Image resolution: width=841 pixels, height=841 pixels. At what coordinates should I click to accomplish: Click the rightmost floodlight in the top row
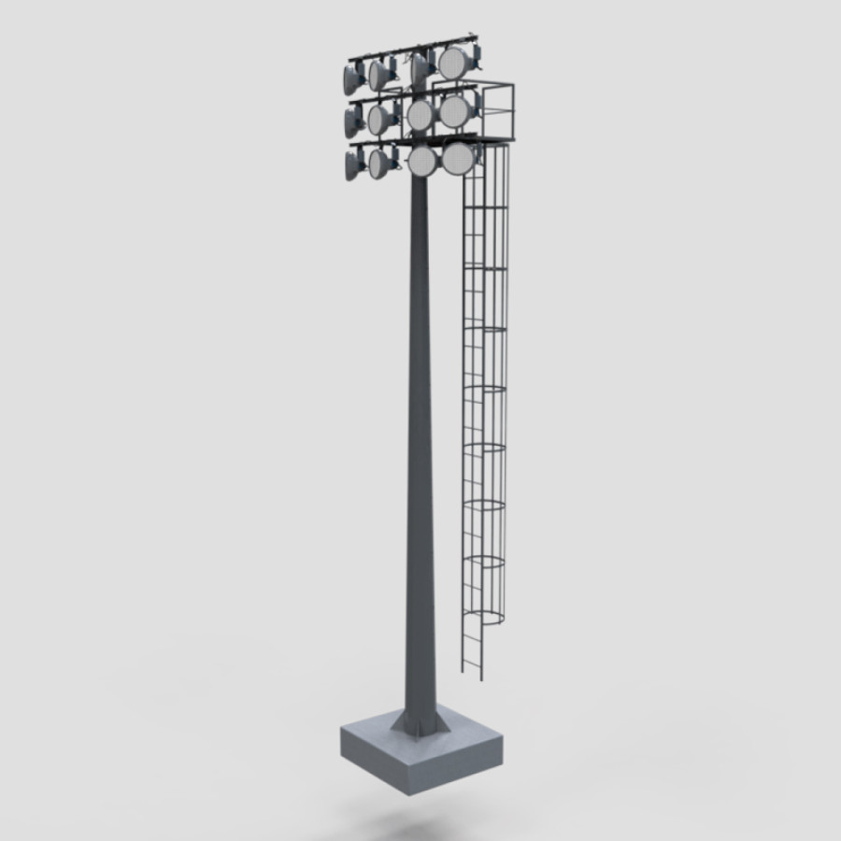(x=454, y=64)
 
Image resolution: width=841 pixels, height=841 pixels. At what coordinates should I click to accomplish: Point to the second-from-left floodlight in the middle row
(x=379, y=118)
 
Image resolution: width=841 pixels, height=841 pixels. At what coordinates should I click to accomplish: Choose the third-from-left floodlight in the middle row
(x=420, y=114)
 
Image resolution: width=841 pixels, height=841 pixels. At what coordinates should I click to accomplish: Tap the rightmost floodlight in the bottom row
(x=457, y=158)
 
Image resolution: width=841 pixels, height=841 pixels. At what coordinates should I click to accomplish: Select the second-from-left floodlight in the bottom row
(x=379, y=164)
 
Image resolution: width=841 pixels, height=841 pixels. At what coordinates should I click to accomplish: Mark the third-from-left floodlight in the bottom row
(x=422, y=162)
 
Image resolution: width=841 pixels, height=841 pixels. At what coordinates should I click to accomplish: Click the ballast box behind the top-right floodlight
(x=477, y=58)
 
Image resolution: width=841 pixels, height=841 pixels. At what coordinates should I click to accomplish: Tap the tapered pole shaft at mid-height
(x=420, y=420)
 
